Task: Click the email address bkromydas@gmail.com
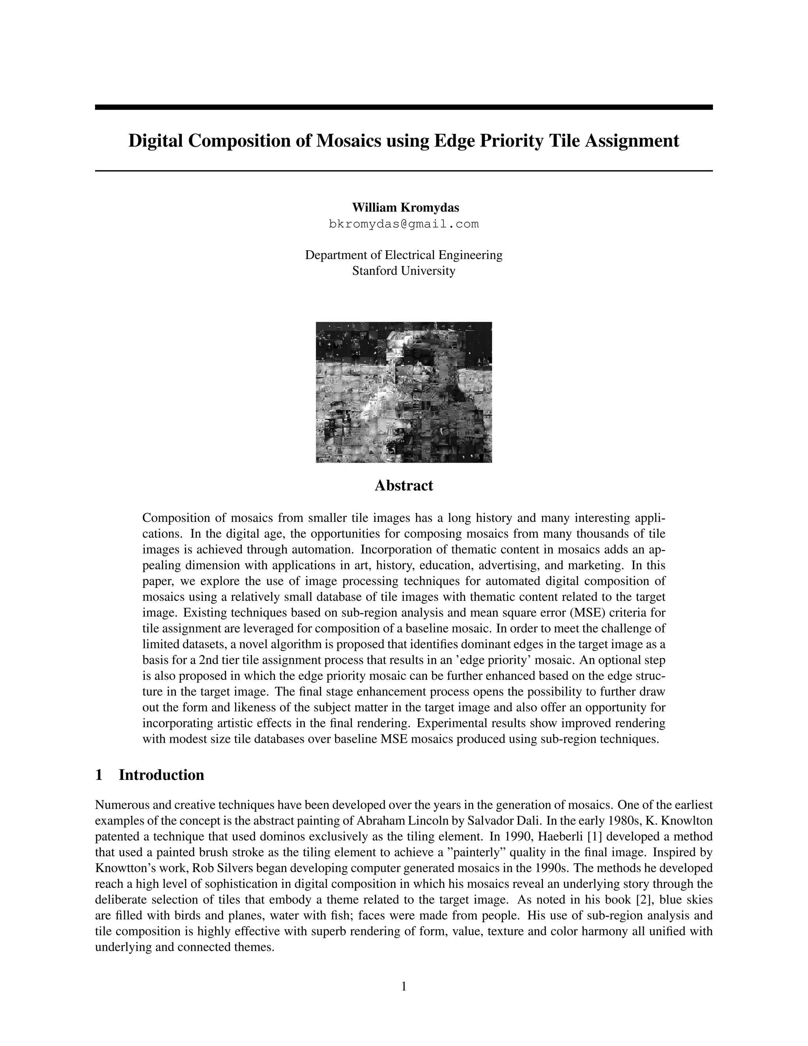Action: (404, 224)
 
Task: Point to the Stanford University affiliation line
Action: (404, 271)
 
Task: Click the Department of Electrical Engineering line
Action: (404, 255)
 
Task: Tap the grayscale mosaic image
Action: (404, 392)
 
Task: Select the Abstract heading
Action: (404, 485)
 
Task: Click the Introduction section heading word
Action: (161, 774)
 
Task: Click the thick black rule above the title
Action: (404, 107)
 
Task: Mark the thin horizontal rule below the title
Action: (404, 171)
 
